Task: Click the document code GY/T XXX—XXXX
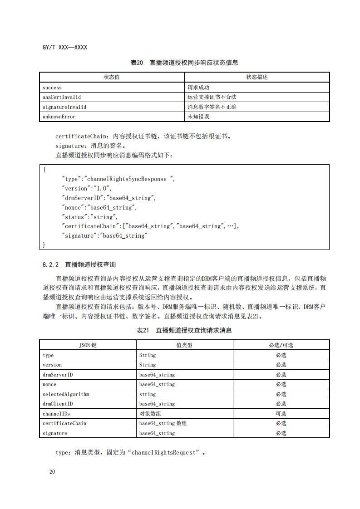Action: coord(64,47)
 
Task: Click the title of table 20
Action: coord(184,63)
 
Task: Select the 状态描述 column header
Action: coord(257,77)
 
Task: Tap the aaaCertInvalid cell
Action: coord(62,97)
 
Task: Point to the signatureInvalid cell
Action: coord(64,107)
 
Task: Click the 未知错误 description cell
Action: coord(198,117)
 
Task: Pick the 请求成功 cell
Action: coord(198,87)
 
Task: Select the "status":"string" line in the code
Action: coord(89,217)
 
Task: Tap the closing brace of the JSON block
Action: coord(44,245)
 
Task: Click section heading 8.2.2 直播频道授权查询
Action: coord(79,264)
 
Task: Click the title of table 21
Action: coord(184,330)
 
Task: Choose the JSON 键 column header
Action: coord(88,345)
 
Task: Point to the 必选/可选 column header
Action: coord(281,345)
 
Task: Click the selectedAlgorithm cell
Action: coord(66,394)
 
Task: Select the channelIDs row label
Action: coord(56,414)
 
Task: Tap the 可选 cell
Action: coord(281,414)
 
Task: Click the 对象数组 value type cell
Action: coord(150,414)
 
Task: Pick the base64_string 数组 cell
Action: coord(163,423)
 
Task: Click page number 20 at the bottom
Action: coord(52,472)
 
